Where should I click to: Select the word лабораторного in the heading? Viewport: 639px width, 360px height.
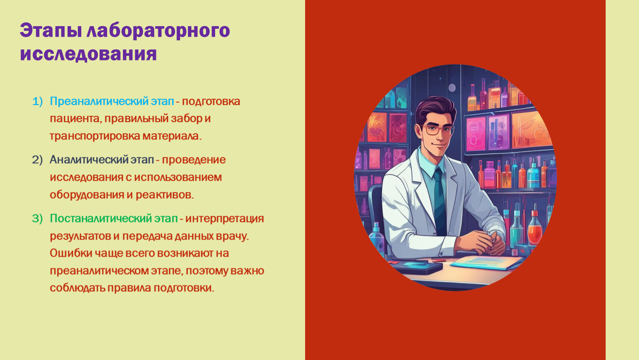(158, 30)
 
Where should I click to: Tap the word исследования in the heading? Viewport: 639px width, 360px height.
(88, 53)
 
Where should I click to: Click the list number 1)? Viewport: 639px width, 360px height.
(38, 101)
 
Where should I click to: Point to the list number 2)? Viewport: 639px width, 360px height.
(38, 160)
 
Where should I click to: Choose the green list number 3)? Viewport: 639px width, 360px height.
(38, 218)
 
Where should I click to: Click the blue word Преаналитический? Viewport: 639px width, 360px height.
(99, 102)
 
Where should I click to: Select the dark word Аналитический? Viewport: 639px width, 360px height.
(89, 160)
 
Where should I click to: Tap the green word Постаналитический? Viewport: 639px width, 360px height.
(101, 219)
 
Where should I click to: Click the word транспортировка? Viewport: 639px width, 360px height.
(95, 136)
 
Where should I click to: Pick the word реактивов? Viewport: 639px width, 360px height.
(165, 195)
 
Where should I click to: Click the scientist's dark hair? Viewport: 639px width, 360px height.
(435, 108)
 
